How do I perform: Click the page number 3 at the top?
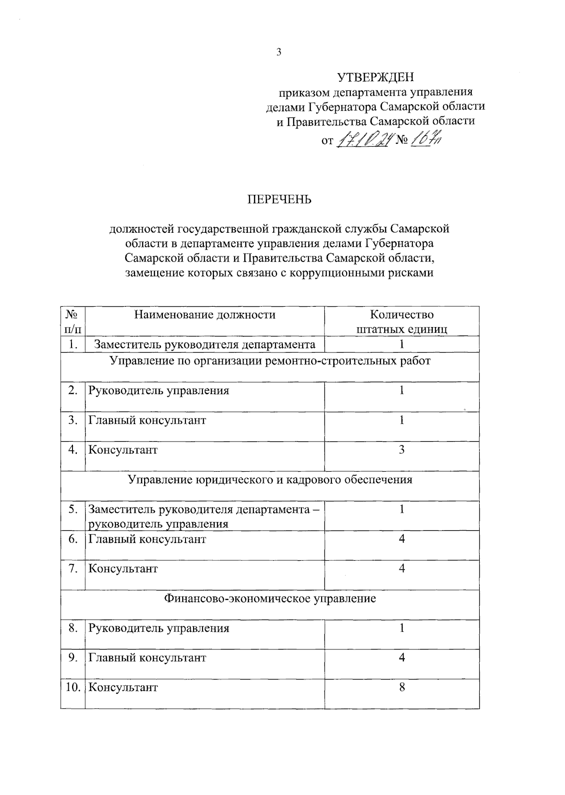tap(279, 52)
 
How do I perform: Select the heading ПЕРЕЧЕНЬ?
tap(280, 200)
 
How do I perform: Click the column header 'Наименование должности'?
tap(205, 315)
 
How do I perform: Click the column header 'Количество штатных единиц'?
tap(402, 321)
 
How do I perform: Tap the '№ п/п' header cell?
tap(73, 321)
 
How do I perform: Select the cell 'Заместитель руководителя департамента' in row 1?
tap(205, 344)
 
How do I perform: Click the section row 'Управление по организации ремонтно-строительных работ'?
tap(270, 361)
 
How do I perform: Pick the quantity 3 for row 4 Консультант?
tap(402, 450)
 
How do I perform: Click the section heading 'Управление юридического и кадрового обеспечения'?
tap(270, 480)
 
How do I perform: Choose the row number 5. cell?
tap(73, 509)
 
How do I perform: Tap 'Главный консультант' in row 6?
tap(147, 539)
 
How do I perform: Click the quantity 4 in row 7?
tap(402, 569)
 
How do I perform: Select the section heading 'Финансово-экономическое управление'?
tap(270, 599)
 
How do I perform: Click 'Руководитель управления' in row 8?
tap(159, 628)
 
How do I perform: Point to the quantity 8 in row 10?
tap(402, 687)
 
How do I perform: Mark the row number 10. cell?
tap(73, 687)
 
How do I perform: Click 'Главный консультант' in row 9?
tap(147, 658)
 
